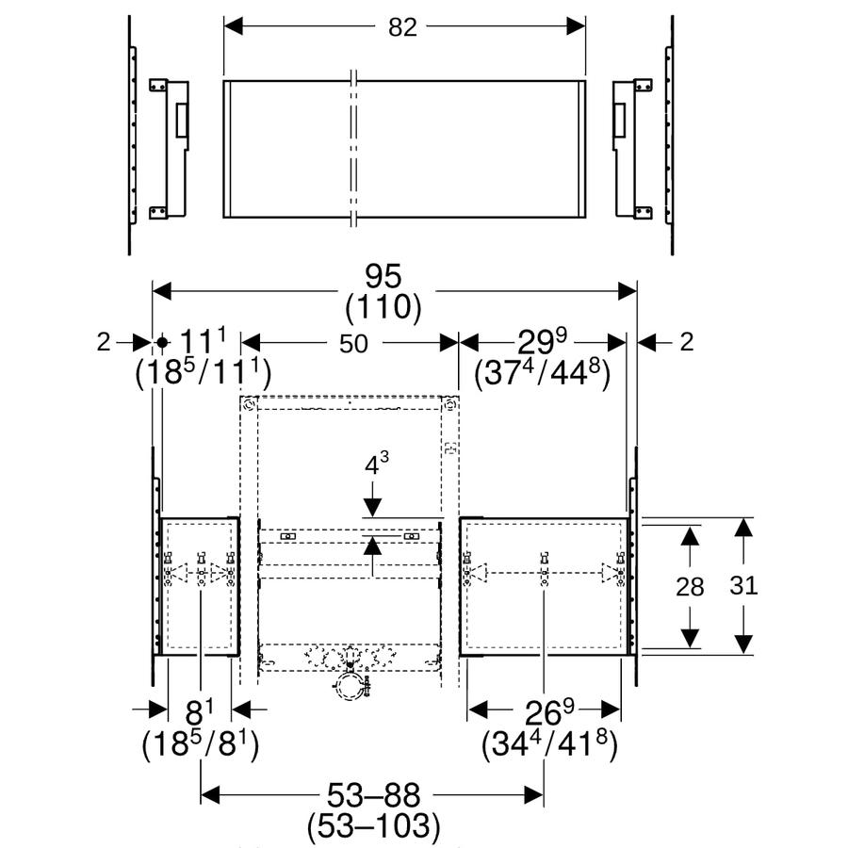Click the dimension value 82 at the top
pos(402,27)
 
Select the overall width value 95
pos(383,276)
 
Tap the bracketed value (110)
pos(383,307)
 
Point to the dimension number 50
pos(353,343)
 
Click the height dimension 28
pos(690,587)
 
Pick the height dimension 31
pos(743,585)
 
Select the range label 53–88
pos(374,795)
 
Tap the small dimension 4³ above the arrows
pos(376,464)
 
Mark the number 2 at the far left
pos(104,342)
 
